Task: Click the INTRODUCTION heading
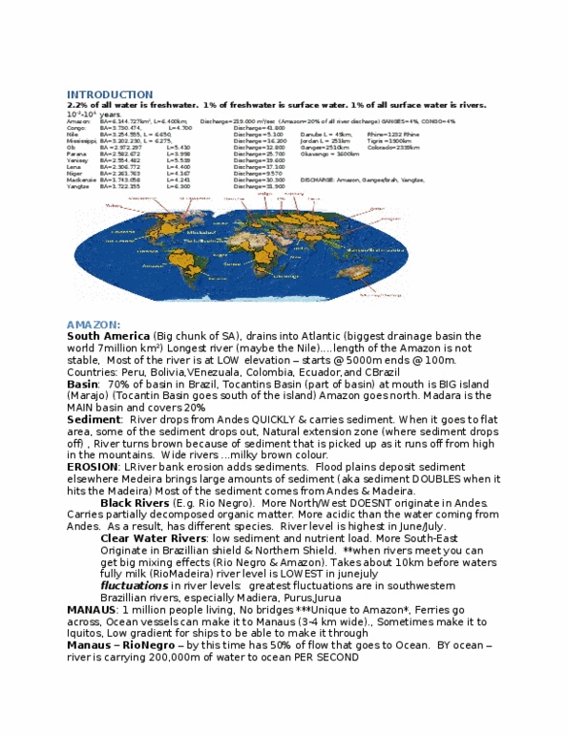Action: pos(109,94)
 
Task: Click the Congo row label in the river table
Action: pos(75,127)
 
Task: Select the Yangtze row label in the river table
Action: pos(78,186)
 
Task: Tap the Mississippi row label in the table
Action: pos(80,140)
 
